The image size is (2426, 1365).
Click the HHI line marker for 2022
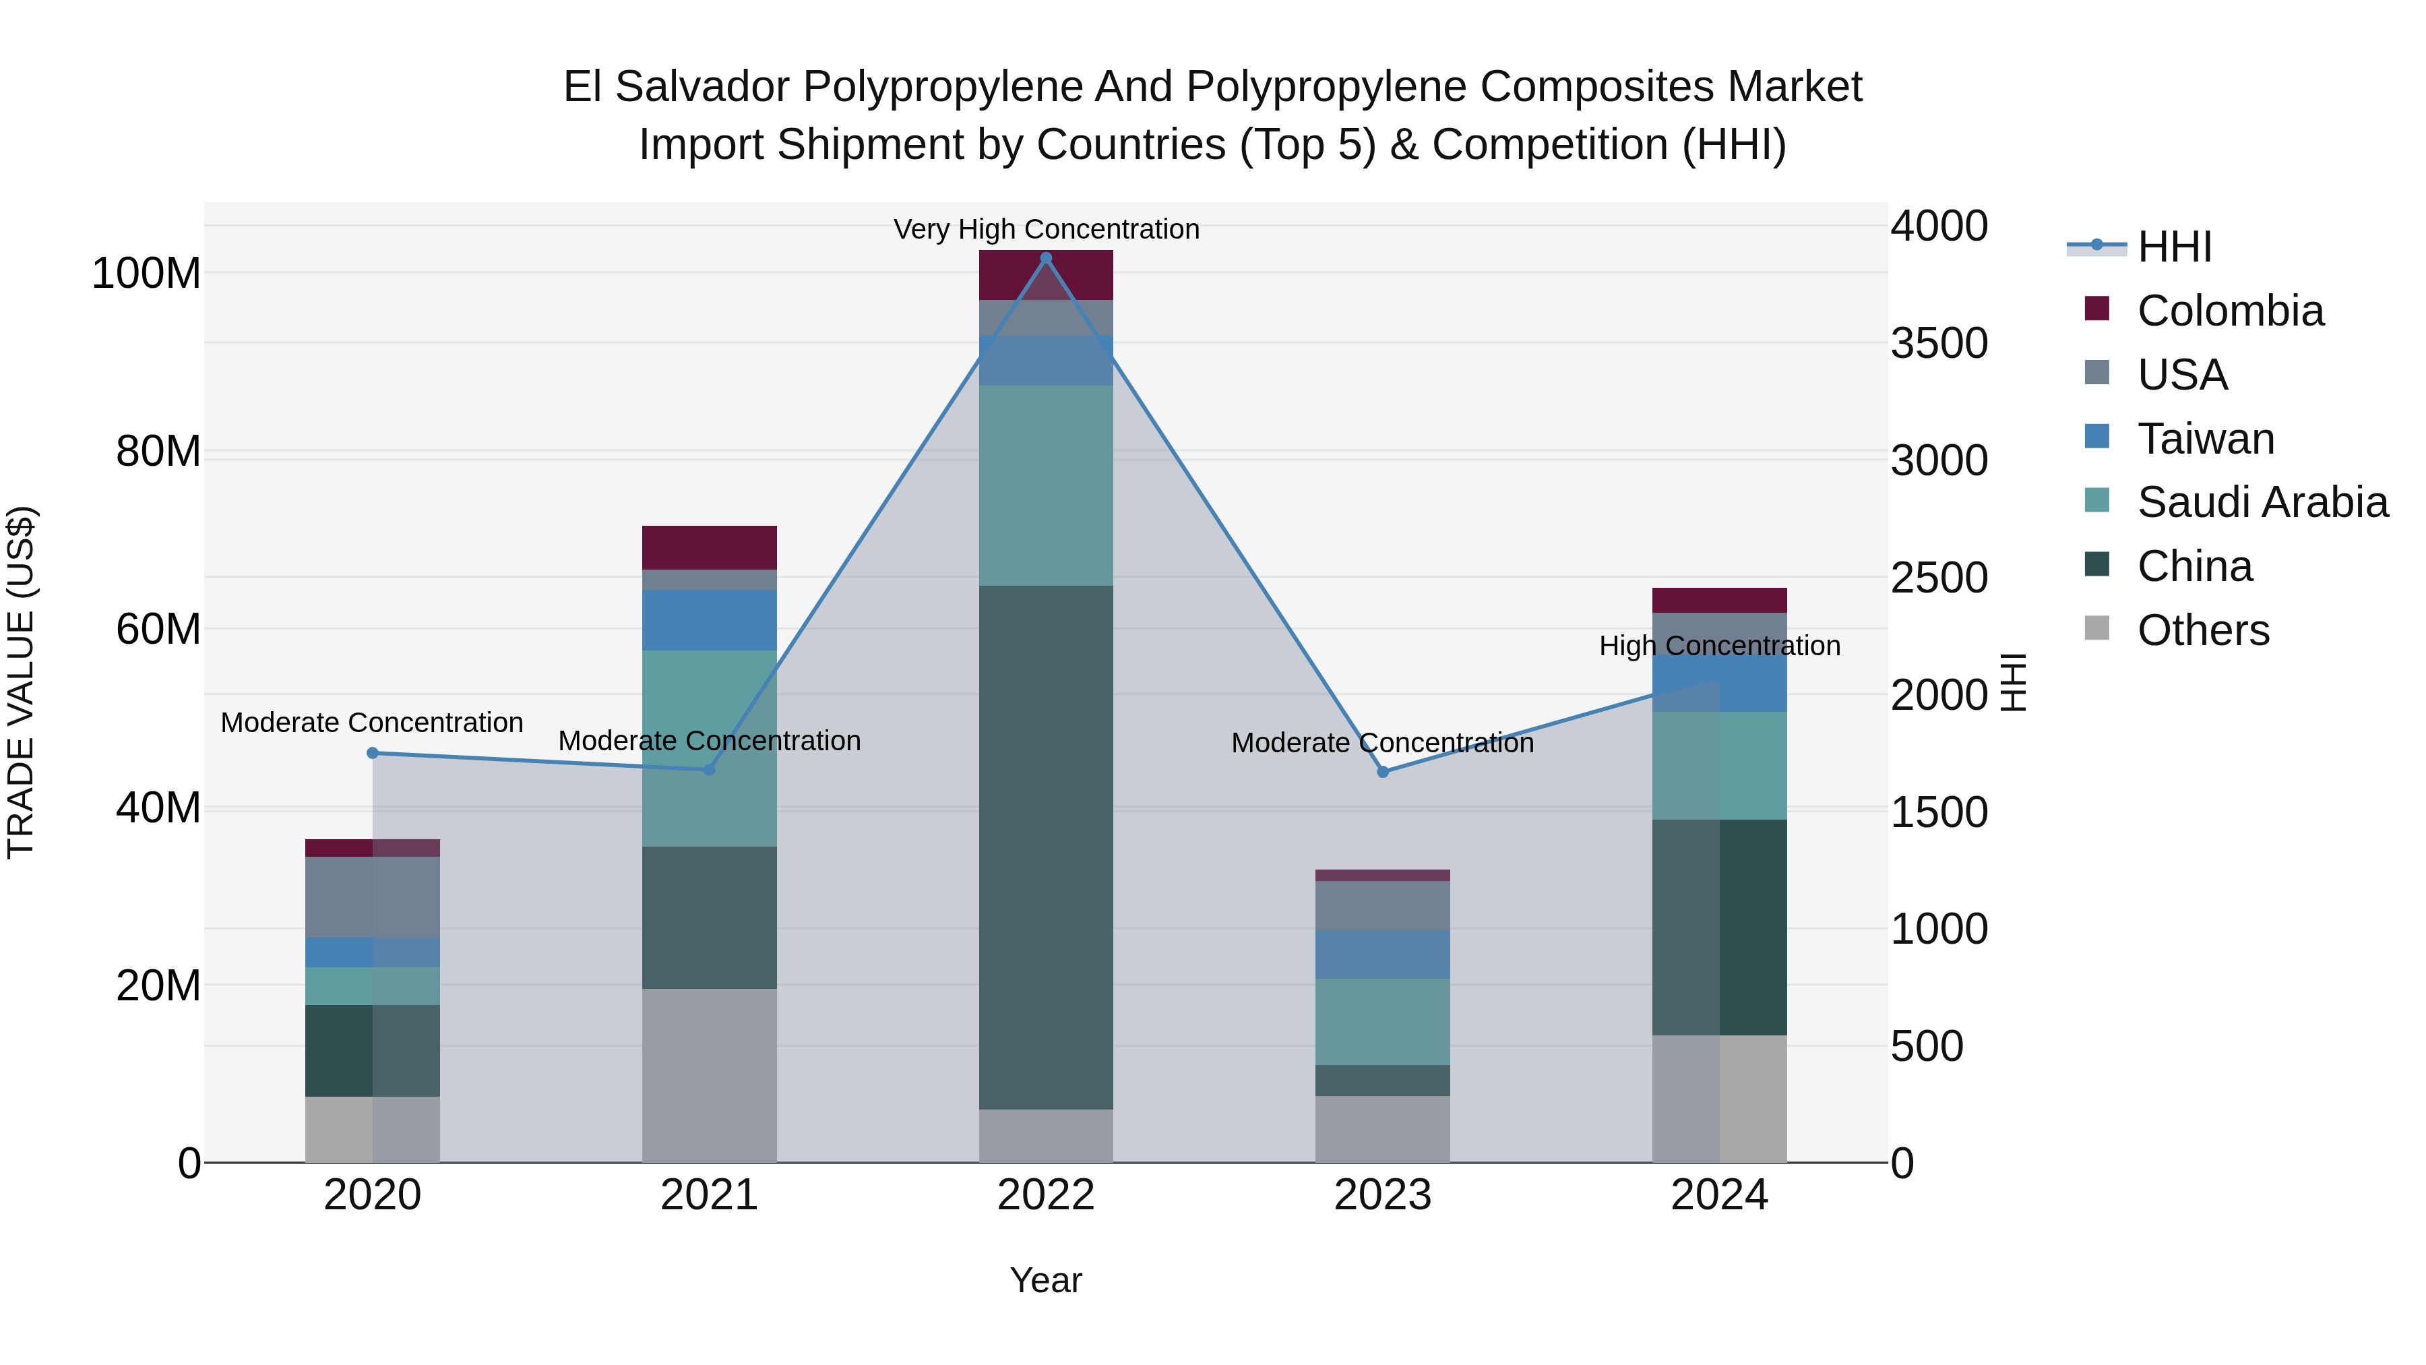[x=1045, y=258]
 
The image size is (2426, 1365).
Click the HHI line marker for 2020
[x=372, y=753]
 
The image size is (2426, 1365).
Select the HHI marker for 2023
[x=1383, y=772]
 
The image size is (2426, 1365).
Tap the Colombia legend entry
[x=2229, y=311]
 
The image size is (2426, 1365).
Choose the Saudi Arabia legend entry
[x=2261, y=502]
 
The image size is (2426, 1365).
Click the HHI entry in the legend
[x=2173, y=247]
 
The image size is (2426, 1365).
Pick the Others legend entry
[x=2202, y=630]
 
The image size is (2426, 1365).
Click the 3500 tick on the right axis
[x=1938, y=344]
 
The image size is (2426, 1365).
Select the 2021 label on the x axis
[x=708, y=1195]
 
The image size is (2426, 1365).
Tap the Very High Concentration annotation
[x=1045, y=229]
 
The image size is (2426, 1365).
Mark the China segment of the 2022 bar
[x=1045, y=848]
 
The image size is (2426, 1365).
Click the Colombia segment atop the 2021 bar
[x=708, y=547]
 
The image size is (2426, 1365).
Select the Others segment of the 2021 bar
[x=708, y=1075]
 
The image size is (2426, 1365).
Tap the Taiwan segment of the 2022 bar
[x=1045, y=361]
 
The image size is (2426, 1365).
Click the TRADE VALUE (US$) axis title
[x=21, y=682]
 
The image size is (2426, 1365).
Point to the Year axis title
[x=1045, y=1280]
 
